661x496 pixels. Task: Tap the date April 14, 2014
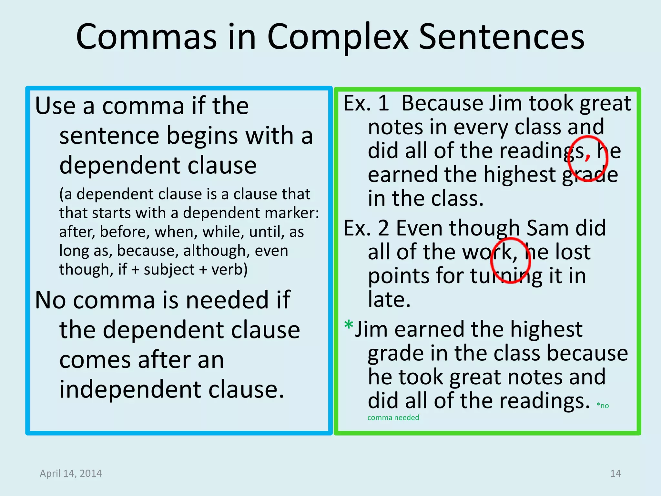point(71,473)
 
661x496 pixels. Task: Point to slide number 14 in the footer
point(615,473)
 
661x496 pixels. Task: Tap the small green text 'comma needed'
point(393,418)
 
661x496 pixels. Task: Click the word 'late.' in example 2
point(389,300)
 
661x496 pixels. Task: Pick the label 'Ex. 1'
point(366,103)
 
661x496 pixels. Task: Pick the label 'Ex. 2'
point(366,228)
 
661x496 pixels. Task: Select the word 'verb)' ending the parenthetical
point(229,269)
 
